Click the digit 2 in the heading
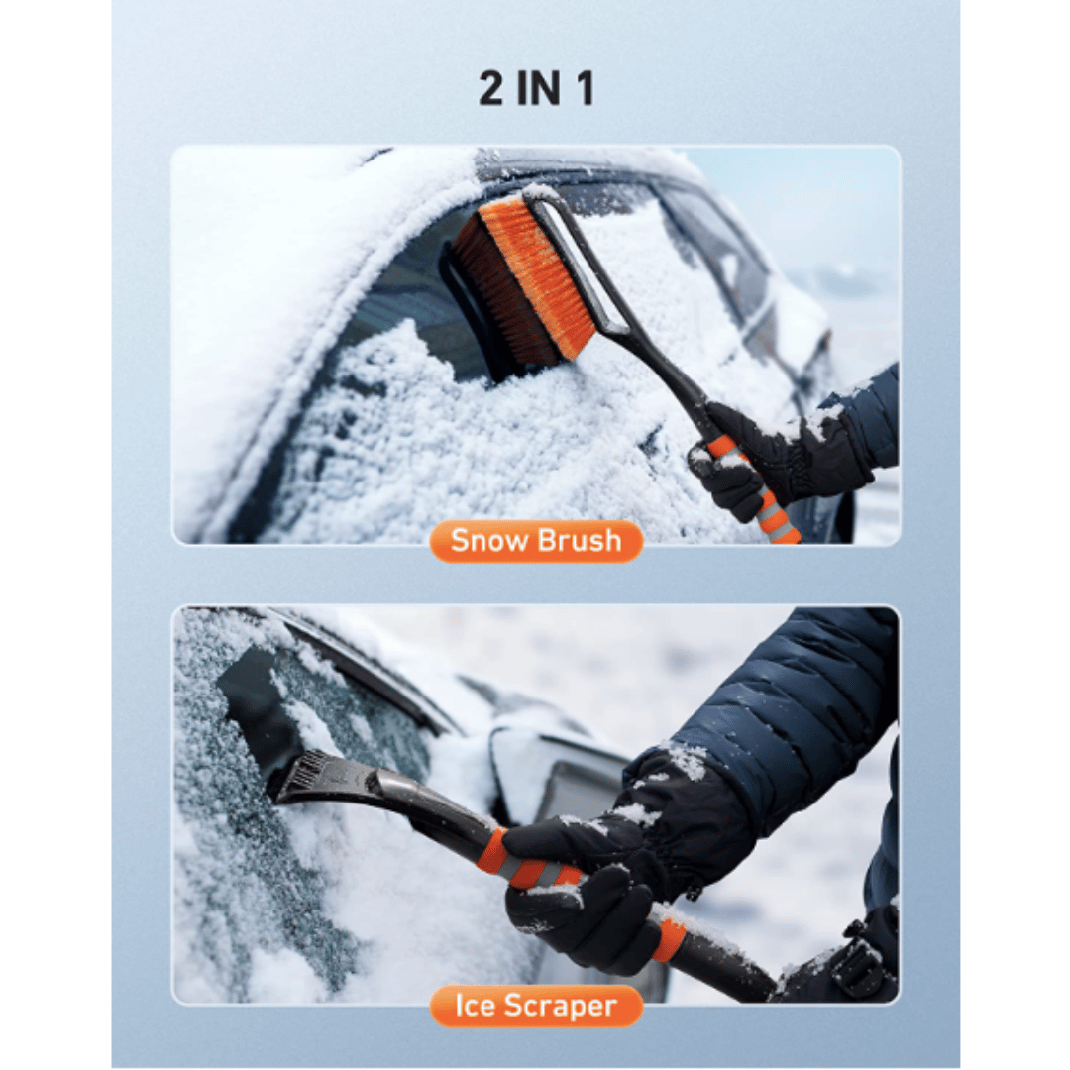492,88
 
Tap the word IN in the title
537,88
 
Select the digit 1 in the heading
584,88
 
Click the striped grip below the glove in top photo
773,510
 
